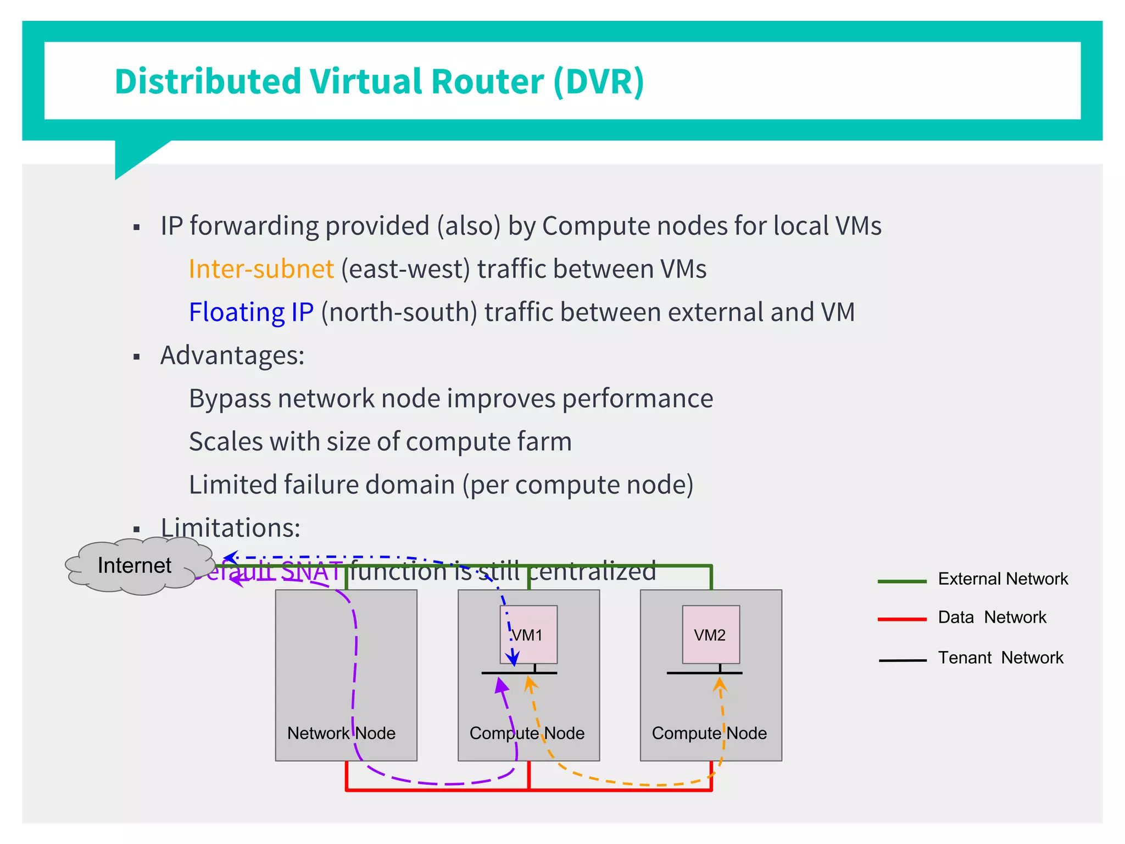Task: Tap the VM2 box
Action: click(711, 635)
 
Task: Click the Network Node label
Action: click(341, 733)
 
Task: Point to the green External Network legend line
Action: click(902, 581)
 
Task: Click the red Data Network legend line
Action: click(902, 619)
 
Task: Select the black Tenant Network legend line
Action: click(902, 660)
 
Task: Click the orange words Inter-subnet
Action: click(261, 269)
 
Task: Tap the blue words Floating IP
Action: click(251, 312)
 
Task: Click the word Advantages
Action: click(232, 356)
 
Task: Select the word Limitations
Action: click(230, 528)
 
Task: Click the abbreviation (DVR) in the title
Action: click(598, 81)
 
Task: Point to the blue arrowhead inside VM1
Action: click(513, 658)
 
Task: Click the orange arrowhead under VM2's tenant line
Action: click(720, 685)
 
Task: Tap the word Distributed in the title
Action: click(208, 81)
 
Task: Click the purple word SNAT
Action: click(311, 572)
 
